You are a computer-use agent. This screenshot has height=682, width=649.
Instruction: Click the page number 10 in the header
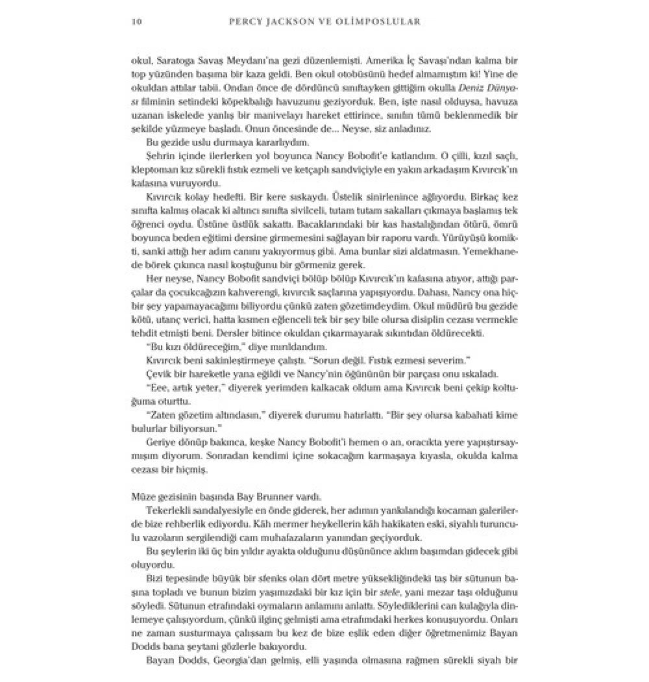coord(136,21)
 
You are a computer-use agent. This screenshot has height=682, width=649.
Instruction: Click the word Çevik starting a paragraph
coord(160,374)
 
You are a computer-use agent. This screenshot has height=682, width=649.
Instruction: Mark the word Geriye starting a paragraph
coord(162,442)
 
